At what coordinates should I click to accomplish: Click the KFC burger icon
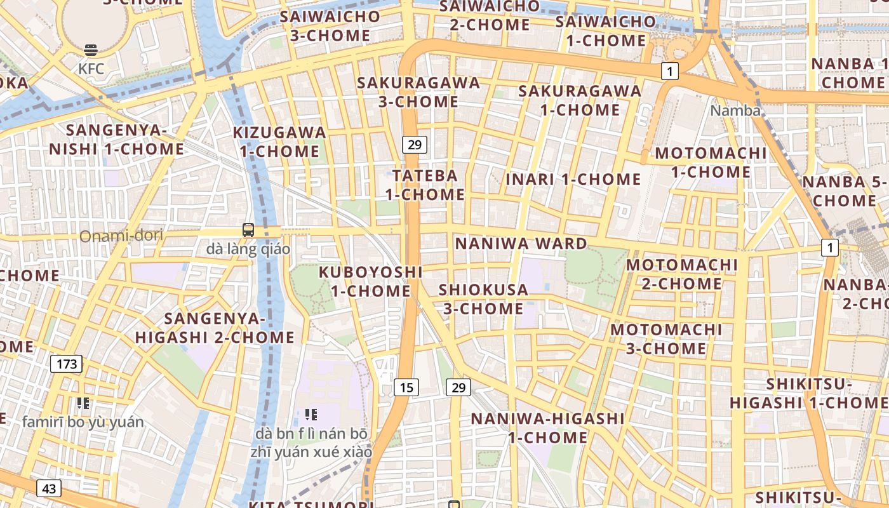[x=91, y=50]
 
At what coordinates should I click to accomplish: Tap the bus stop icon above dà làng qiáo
[x=248, y=230]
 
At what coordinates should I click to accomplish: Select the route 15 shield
[x=406, y=387]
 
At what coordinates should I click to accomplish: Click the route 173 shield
[x=66, y=364]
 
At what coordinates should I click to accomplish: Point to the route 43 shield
[x=49, y=488]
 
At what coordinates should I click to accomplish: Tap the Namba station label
[x=735, y=110]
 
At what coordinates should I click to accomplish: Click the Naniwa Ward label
[x=521, y=244]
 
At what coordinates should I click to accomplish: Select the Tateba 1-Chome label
[x=425, y=185]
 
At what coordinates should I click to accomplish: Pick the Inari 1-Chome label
[x=573, y=179]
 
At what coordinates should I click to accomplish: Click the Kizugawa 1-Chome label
[x=279, y=142]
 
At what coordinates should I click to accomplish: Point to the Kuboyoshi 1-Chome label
[x=371, y=281]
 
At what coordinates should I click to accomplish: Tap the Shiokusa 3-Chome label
[x=483, y=299]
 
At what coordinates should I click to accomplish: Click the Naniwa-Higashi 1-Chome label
[x=547, y=428]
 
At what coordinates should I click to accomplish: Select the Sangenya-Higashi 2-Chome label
[x=215, y=328]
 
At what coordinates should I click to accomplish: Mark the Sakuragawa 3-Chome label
[x=418, y=92]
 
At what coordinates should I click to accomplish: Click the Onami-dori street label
[x=121, y=236]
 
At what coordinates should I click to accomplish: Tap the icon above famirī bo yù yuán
[x=83, y=403]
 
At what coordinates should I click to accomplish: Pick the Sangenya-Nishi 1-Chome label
[x=117, y=140]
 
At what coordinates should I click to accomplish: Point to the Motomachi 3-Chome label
[x=666, y=339]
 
